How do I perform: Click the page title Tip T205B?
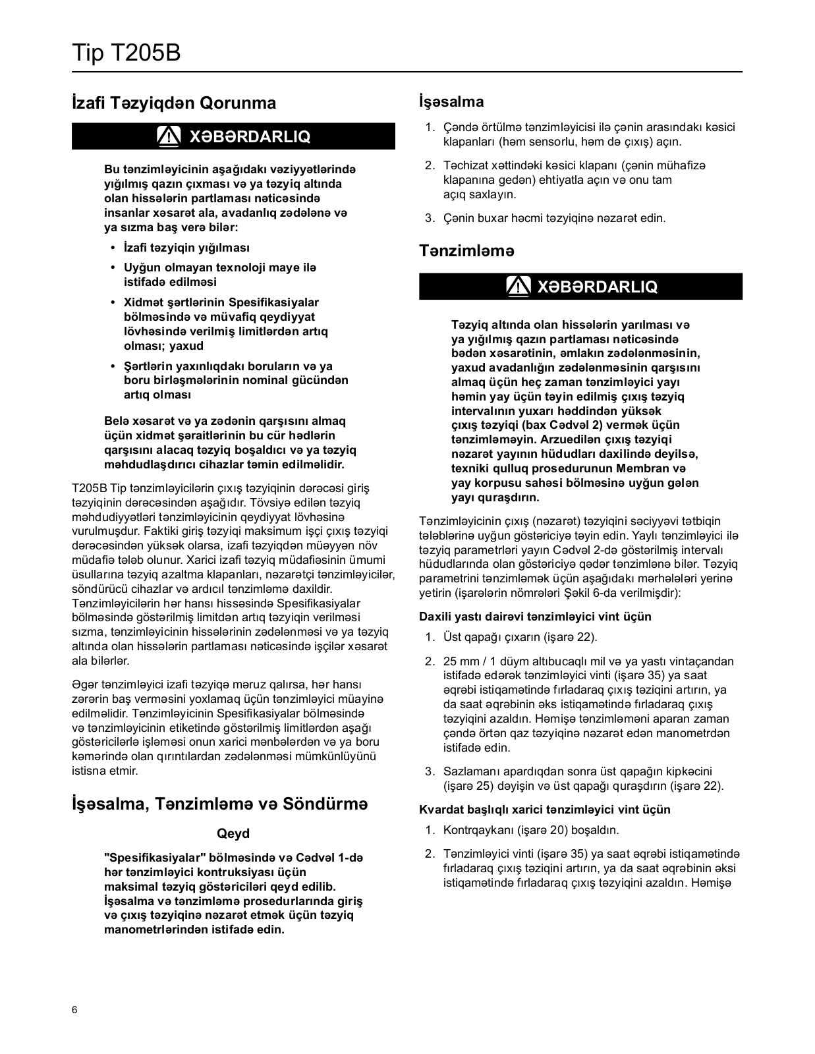click(x=126, y=53)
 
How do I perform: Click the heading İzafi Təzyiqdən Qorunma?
click(x=174, y=103)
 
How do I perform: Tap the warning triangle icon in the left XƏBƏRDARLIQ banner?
click(x=169, y=136)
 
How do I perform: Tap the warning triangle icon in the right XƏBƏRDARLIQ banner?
click(x=519, y=287)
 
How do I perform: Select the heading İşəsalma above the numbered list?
click(x=451, y=101)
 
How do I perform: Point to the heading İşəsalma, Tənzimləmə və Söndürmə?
click(x=219, y=804)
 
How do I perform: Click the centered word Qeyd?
click(x=233, y=833)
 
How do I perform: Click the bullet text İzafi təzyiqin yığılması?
click(x=187, y=248)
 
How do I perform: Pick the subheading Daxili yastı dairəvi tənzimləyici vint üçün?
click(x=535, y=617)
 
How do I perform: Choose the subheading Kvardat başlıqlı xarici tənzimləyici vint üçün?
click(x=544, y=810)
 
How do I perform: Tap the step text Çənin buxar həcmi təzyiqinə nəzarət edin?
click(x=554, y=218)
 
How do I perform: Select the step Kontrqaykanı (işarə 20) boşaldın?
click(x=531, y=830)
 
